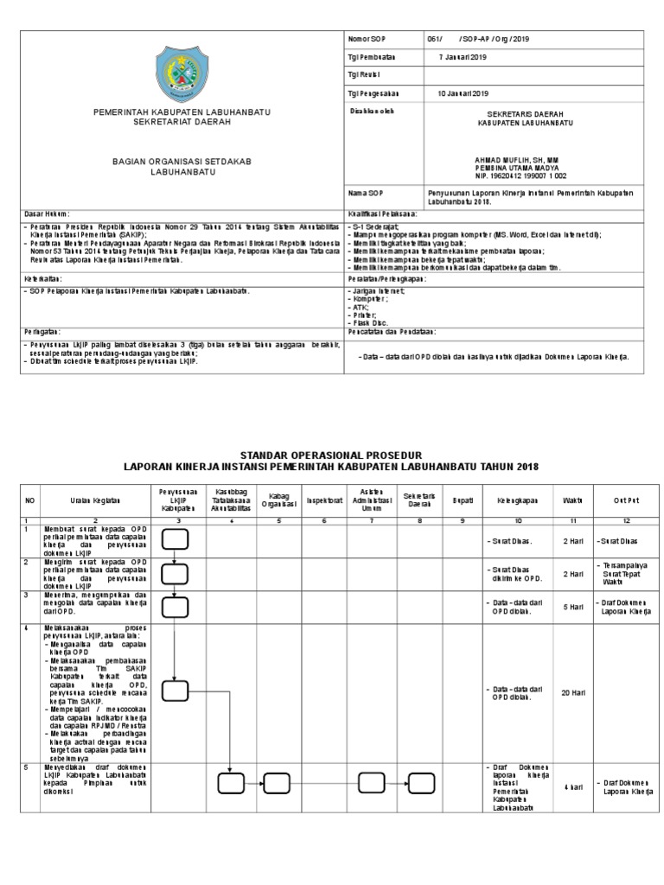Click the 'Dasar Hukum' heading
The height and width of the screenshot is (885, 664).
(47, 213)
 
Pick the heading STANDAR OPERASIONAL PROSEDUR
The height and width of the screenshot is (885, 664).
(331, 455)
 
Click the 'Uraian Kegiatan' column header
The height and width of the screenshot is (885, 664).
(95, 499)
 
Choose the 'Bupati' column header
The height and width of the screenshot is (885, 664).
(463, 500)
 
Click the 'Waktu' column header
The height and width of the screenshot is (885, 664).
(572, 500)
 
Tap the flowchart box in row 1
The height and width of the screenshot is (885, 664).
(175, 539)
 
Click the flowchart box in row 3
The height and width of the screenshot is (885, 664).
(175, 607)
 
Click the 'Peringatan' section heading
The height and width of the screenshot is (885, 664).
(41, 331)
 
